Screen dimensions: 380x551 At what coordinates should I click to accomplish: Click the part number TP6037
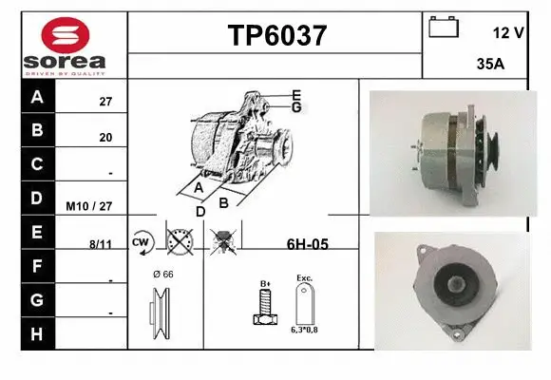pyautogui.click(x=276, y=36)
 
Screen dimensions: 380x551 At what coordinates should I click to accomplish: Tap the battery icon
pyautogui.click(x=444, y=26)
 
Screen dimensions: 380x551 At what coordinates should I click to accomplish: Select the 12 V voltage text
pyautogui.click(x=508, y=33)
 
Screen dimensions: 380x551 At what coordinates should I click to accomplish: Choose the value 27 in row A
pyautogui.click(x=105, y=101)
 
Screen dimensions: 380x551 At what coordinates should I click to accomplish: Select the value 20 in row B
pyautogui.click(x=105, y=138)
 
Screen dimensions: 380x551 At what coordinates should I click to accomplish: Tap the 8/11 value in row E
pyautogui.click(x=100, y=243)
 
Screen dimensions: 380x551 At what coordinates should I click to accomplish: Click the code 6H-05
pyautogui.click(x=307, y=244)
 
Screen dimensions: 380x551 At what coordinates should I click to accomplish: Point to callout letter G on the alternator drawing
pyautogui.click(x=296, y=107)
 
